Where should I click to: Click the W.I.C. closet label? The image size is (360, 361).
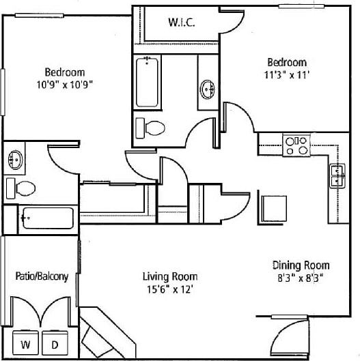point(182,22)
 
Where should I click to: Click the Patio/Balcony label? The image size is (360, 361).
point(42,276)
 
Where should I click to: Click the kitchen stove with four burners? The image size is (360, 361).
point(296,145)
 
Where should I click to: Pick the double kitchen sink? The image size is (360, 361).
point(337,175)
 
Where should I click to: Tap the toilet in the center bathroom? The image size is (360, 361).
point(153,127)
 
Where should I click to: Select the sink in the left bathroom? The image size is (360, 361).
point(15,160)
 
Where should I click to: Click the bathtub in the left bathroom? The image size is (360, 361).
point(46,218)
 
